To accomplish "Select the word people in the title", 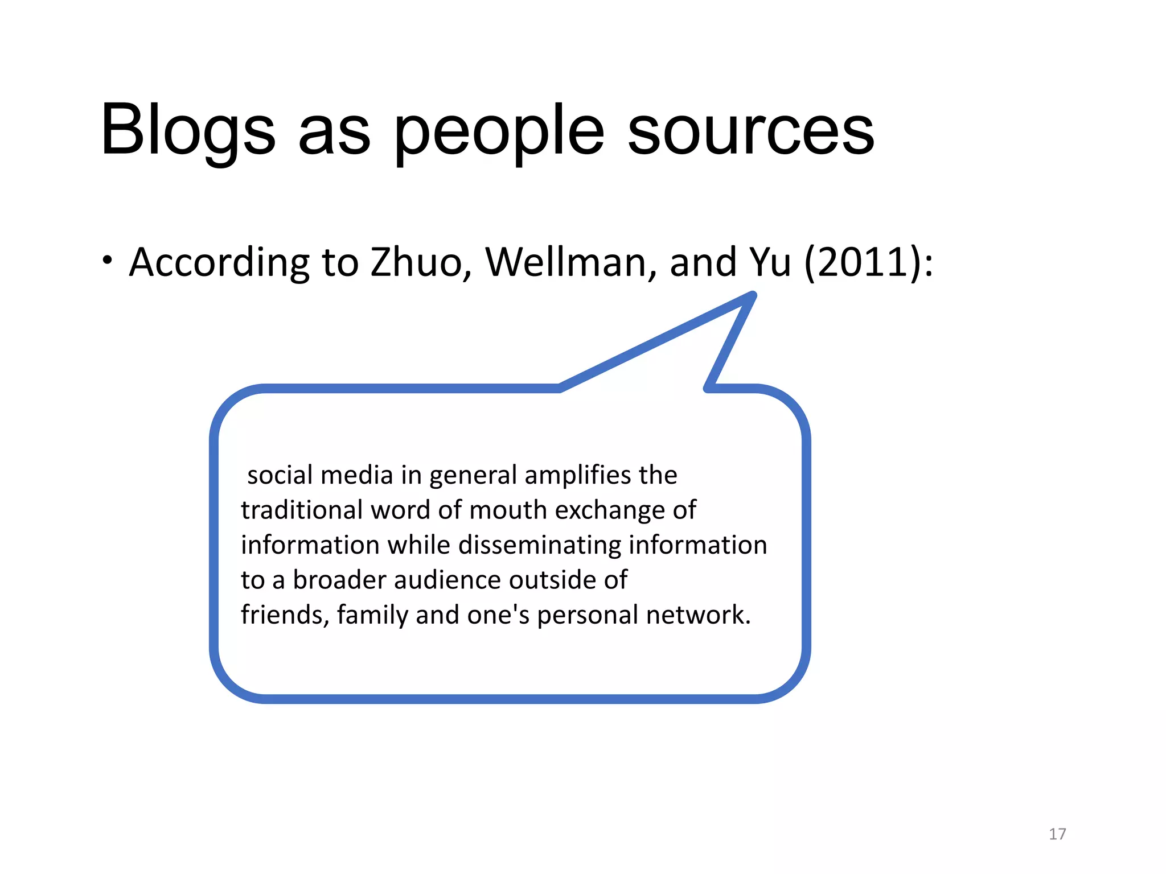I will coord(499,132).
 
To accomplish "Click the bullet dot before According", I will coord(108,261).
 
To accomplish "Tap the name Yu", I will coord(770,262).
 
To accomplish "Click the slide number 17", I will coord(1057,834).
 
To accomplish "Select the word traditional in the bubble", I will coord(302,510).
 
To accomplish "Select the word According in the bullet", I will coord(219,262).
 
